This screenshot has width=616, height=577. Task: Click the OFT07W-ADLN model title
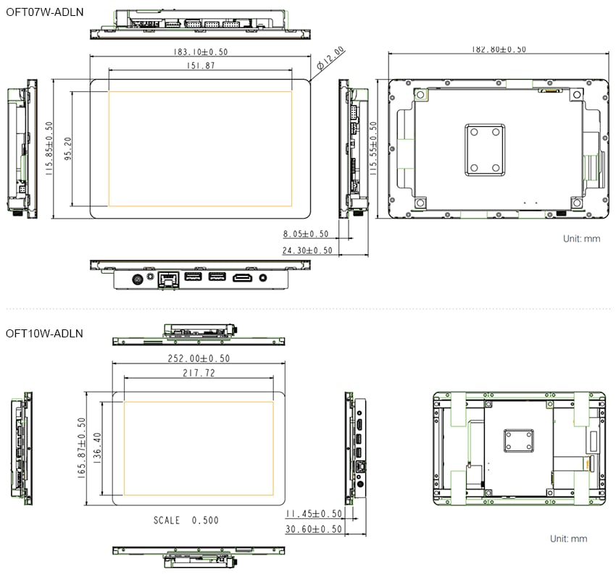45,12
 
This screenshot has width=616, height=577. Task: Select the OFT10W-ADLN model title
45,334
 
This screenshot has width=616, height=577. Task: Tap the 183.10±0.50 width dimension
200,52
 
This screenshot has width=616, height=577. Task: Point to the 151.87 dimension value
200,66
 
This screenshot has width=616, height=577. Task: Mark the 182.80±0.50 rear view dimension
499,49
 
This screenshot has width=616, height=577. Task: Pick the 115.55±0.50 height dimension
373,148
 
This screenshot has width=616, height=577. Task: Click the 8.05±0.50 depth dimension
306,234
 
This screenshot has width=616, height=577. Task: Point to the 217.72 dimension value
199,374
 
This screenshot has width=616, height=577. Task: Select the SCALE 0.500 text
186,520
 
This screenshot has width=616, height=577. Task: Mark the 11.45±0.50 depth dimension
313,513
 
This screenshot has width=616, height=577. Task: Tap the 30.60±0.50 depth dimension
313,529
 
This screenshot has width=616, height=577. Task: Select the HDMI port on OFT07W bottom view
242,277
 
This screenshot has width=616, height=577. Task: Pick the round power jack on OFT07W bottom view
137,278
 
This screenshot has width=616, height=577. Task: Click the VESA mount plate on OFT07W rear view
484,149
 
